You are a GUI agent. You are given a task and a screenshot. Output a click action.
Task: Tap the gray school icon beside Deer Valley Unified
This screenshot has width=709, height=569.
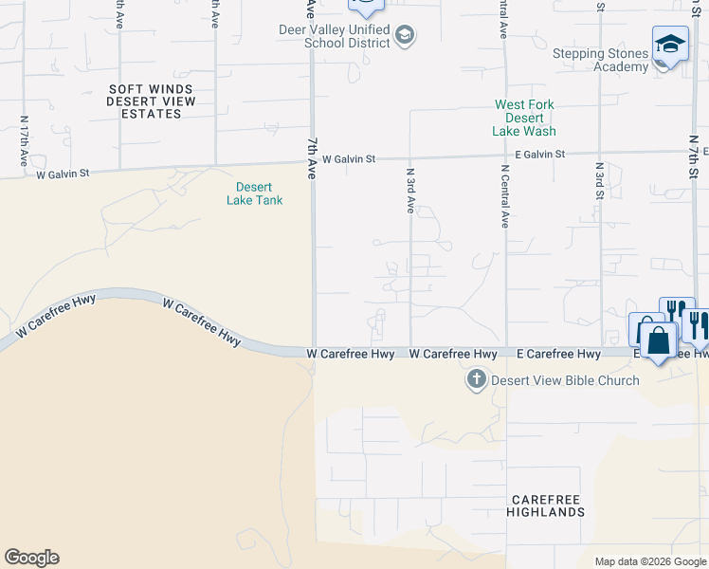click(x=405, y=36)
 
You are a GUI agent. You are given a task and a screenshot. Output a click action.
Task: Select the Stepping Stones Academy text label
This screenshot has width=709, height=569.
click(x=601, y=60)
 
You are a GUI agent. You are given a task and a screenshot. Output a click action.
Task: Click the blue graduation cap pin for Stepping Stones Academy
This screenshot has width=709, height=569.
click(x=670, y=45)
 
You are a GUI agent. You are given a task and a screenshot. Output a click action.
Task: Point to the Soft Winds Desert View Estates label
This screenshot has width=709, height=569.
click(x=152, y=101)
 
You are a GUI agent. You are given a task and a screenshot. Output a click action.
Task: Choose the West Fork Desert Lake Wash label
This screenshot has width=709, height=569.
click(x=524, y=118)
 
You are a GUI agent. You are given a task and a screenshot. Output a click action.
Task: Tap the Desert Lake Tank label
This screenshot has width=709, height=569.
click(x=255, y=193)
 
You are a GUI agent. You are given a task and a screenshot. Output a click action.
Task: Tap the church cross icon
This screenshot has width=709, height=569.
click(x=476, y=381)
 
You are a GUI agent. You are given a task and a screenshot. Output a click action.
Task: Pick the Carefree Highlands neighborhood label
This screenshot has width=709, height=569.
click(x=547, y=505)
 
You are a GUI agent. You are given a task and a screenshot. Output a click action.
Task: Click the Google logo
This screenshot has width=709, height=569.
click(x=31, y=558)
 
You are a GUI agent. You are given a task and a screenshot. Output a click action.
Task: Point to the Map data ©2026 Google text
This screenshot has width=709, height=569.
click(x=649, y=561)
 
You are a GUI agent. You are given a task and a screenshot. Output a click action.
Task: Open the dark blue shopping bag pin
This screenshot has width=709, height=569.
click(x=659, y=339)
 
